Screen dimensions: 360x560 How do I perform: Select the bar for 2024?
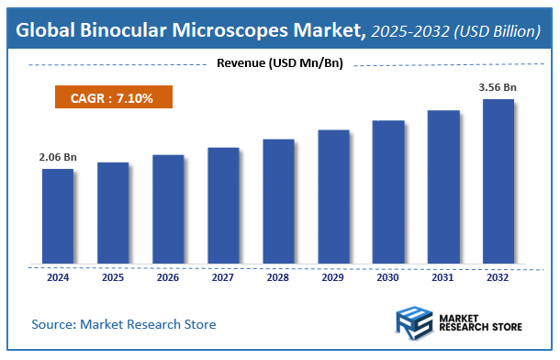(x=58, y=216)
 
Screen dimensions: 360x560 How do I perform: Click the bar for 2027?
(x=223, y=206)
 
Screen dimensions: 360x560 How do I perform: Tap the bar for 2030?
(x=388, y=192)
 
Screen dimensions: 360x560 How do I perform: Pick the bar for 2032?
(x=498, y=181)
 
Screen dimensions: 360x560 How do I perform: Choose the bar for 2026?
(x=168, y=209)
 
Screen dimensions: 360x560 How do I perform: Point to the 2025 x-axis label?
(x=113, y=276)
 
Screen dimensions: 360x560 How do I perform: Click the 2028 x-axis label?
(x=278, y=276)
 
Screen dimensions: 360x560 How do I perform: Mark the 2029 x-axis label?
(x=333, y=276)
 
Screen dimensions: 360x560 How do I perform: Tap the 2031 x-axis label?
(x=443, y=276)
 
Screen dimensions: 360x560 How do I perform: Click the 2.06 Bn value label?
(x=58, y=158)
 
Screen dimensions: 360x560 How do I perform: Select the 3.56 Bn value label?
(x=498, y=88)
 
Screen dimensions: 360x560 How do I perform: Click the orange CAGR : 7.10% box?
(x=111, y=96)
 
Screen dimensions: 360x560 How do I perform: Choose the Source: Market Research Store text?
(x=124, y=324)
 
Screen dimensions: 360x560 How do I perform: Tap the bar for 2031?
(x=443, y=187)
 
